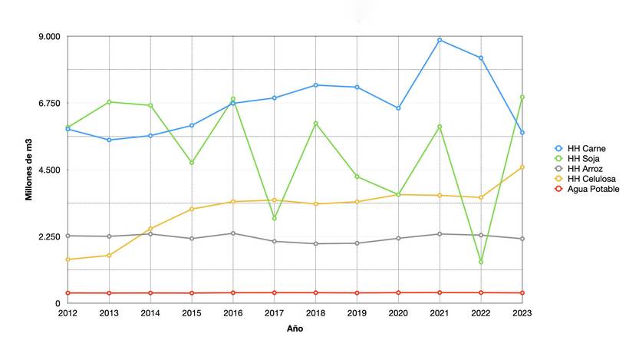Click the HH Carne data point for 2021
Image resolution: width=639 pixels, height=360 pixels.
[440, 40]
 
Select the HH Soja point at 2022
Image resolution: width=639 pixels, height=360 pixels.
[481, 263]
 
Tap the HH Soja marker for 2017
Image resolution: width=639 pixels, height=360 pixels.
[274, 219]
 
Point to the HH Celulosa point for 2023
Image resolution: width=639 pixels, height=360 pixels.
[522, 167]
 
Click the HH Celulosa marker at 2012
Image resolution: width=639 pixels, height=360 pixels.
[68, 259]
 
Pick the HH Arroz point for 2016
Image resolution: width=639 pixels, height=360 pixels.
[232, 233]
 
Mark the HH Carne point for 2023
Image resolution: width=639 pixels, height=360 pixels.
[522, 133]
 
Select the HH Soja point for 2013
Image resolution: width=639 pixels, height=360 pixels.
[109, 101]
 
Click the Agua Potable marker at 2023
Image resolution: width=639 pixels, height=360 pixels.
[522, 293]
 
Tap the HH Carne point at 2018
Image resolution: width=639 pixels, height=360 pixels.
[315, 85]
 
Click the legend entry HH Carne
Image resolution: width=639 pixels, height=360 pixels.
[586, 148]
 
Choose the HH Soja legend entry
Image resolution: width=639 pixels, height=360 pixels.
[585, 158]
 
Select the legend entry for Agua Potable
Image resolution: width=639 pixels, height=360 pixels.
[593, 189]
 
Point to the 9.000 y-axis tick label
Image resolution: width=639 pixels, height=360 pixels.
[48, 37]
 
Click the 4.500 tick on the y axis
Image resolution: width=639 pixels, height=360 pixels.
[48, 170]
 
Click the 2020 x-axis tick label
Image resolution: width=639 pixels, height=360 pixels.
[398, 313]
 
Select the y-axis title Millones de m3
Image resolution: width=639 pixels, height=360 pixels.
[28, 170]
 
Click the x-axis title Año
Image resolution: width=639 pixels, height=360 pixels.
[295, 329]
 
